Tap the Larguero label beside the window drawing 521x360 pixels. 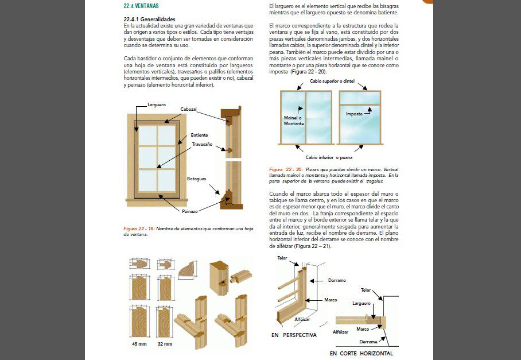point(157,105)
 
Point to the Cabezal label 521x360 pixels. point(189,109)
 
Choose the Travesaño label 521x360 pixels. point(202,144)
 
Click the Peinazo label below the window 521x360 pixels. point(190,211)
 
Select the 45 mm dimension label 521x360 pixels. point(139,344)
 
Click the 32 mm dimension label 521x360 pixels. point(165,344)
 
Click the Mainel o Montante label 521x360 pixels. point(294,120)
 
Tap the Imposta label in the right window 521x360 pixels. point(354,114)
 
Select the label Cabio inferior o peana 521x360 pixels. point(329,157)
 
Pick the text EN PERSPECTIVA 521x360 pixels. point(293,335)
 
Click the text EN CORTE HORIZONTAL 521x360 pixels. point(361,353)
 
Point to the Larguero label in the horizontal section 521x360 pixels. point(361,303)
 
